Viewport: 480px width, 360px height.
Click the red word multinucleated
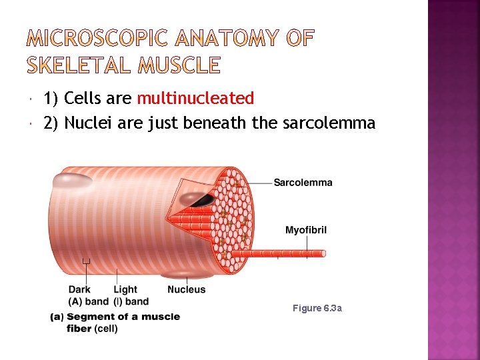tap(195, 99)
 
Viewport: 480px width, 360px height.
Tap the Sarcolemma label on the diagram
tap(303, 183)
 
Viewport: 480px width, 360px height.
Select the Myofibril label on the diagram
tap(306, 231)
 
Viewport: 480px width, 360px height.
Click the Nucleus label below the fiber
tap(187, 289)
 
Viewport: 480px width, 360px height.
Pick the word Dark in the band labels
tap(79, 289)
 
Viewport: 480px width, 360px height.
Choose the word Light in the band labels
tap(125, 289)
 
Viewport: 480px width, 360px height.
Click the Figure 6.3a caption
tap(317, 308)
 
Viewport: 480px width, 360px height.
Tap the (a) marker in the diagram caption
tap(57, 317)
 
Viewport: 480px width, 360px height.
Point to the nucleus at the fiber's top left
tap(73, 180)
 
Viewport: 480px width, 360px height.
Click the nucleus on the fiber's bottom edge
tap(181, 274)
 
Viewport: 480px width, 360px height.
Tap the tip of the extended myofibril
tap(323, 253)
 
